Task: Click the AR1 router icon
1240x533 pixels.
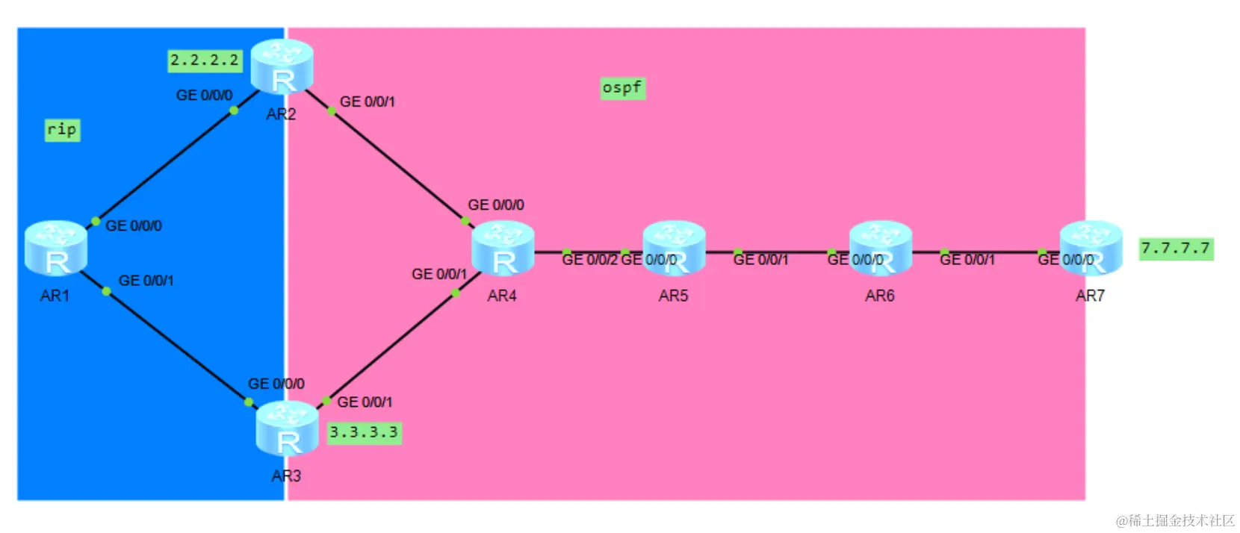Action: (56, 248)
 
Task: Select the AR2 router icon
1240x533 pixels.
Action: (282, 66)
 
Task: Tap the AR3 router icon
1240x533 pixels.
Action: (287, 428)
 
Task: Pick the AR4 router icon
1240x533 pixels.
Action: (503, 248)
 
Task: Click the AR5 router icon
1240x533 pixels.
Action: (674, 248)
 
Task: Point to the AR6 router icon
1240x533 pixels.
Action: (880, 248)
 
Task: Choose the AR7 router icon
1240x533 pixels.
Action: (1091, 248)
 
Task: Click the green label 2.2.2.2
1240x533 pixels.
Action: (205, 60)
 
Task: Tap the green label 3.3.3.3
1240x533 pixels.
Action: (364, 432)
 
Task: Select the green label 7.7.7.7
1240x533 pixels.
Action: (1175, 249)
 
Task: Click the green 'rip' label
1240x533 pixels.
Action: (62, 130)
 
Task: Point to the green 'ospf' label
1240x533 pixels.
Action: (622, 88)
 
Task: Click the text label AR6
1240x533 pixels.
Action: (879, 296)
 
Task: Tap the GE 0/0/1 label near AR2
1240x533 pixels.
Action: (368, 102)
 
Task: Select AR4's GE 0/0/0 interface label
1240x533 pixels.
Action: (495, 205)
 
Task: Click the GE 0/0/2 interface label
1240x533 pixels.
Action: (589, 260)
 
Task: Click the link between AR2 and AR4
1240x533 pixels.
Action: (396, 164)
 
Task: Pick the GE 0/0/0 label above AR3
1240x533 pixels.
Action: (276, 384)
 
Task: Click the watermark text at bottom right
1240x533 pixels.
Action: (1174, 520)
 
